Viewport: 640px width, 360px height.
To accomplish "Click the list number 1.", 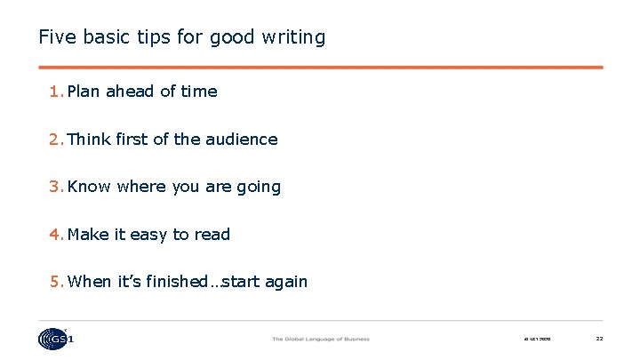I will click(55, 92).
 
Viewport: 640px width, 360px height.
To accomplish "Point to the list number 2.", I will click(55, 140).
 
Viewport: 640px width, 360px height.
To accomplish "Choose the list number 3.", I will click(55, 187).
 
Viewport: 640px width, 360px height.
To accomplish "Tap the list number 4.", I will click(55, 235).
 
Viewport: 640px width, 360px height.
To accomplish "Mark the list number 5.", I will click(55, 282).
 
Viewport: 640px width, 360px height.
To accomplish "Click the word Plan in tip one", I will click(84, 92).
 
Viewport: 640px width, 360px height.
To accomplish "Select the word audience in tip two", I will click(242, 140).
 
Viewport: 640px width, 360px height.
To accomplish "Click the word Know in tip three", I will click(89, 187).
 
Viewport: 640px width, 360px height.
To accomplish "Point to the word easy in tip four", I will click(148, 236).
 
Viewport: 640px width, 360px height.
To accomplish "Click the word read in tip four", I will click(212, 235).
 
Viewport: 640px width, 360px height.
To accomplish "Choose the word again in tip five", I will click(285, 283).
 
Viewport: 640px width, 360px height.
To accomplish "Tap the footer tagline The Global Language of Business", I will click(320, 339).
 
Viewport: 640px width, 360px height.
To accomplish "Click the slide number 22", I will click(599, 339).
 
